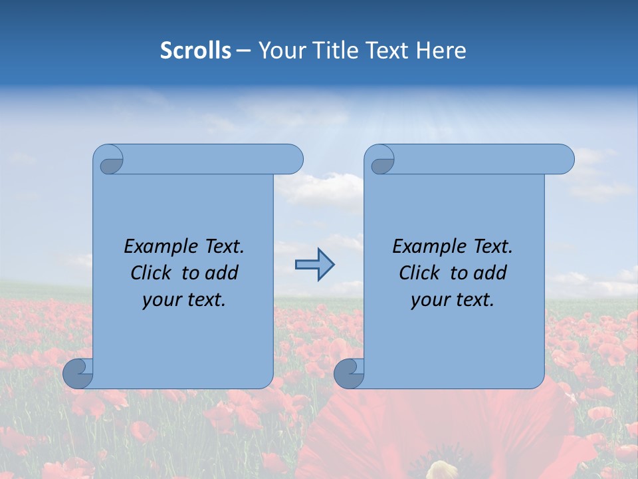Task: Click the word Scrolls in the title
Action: pyautogui.click(x=196, y=50)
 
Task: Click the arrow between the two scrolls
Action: pyautogui.click(x=314, y=265)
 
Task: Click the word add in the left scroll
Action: pyautogui.click(x=222, y=273)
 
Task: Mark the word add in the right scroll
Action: pyautogui.click(x=490, y=273)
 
